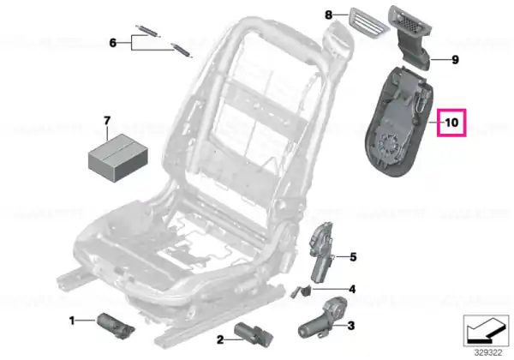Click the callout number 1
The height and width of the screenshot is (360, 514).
(72, 321)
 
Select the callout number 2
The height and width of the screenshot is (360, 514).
(220, 339)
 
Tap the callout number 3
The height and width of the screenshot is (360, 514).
(350, 326)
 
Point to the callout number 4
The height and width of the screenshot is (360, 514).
(352, 289)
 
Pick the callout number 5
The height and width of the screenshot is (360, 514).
(353, 257)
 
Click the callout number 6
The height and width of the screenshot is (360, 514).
(113, 43)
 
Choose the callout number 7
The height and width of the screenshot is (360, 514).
(107, 121)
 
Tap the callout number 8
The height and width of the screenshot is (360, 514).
(328, 15)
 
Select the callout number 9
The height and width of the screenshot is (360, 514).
(455, 60)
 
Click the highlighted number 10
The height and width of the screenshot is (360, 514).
(451, 123)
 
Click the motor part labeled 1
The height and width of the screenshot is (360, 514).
(116, 325)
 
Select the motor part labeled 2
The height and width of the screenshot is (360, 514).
(254, 334)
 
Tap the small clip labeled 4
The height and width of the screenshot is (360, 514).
(302, 291)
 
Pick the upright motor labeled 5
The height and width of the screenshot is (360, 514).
(321, 252)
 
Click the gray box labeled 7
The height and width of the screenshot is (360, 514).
(118, 158)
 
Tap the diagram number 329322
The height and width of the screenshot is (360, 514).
(488, 353)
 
